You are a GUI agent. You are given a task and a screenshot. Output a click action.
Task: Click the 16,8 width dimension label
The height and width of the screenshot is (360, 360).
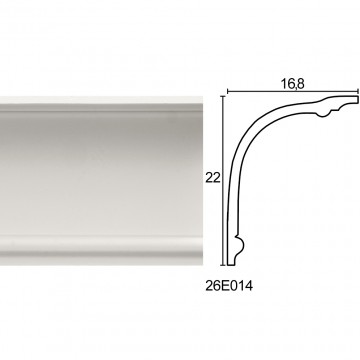[x=292, y=84]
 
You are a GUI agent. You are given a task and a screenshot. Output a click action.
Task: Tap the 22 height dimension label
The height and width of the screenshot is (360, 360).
[x=213, y=178]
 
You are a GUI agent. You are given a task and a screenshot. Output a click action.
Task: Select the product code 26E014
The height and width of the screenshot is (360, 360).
[x=229, y=286]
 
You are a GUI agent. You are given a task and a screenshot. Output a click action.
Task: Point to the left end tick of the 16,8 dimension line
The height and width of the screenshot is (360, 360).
[x=227, y=91]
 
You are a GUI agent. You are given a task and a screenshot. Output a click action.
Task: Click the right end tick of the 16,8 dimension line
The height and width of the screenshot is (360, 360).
[x=358, y=91]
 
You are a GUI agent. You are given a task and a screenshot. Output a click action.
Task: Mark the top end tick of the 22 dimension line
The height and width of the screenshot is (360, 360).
[x=223, y=96]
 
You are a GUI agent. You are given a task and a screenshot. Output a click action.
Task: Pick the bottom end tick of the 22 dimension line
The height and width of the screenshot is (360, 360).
[x=223, y=265]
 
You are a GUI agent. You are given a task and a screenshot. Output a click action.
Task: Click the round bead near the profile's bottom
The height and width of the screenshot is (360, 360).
[x=240, y=245]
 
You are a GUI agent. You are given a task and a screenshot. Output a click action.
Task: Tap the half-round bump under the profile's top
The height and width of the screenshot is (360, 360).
[x=323, y=113]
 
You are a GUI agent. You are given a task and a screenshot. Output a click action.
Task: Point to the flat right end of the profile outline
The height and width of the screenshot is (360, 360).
[x=357, y=99]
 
